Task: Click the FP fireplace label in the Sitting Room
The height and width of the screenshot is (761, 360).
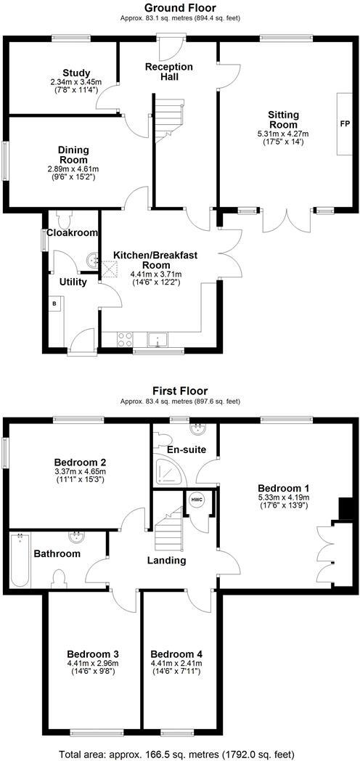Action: [x=344, y=123]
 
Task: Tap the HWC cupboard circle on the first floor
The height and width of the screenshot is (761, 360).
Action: [x=197, y=500]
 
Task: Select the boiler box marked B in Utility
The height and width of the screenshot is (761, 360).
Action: [x=54, y=304]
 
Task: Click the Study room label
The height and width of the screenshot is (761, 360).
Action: [x=75, y=73]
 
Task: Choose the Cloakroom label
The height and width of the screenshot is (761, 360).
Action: [x=72, y=233]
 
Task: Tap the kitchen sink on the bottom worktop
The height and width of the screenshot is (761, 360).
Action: [x=157, y=339]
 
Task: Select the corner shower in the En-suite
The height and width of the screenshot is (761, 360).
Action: [x=168, y=472]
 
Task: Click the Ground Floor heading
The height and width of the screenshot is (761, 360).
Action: [x=179, y=8]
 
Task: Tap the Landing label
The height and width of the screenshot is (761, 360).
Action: [x=167, y=560]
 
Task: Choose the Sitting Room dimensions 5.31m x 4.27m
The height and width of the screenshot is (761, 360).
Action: [x=283, y=134]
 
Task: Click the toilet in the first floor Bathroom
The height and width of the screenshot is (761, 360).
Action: [x=61, y=579]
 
